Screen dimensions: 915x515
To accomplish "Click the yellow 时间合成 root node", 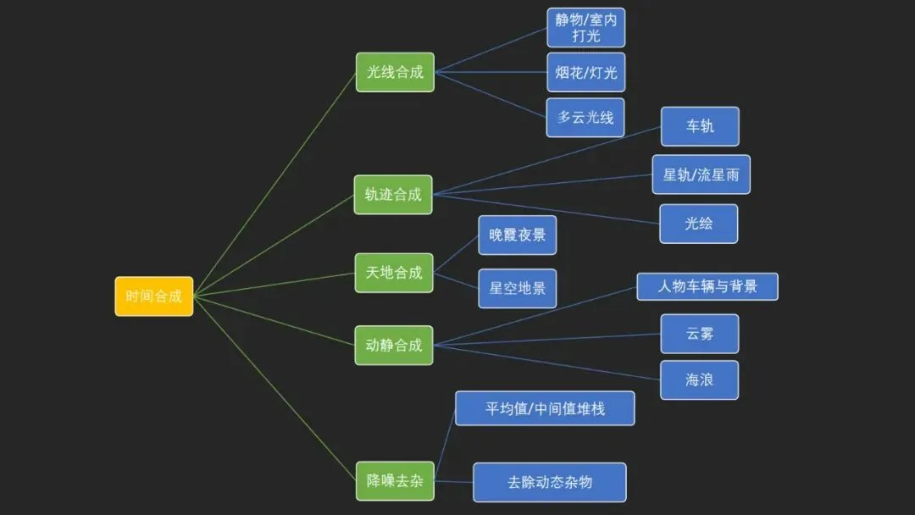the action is tap(154, 296).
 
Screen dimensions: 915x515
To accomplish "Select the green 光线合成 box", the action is tap(395, 72).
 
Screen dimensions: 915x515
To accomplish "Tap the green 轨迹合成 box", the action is tap(393, 195).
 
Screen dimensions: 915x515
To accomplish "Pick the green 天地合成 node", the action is tap(394, 273).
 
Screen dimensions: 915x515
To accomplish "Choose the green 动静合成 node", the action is tap(394, 346).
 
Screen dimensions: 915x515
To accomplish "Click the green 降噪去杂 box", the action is tap(395, 481).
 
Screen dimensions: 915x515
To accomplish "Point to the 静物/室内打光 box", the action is tap(586, 27).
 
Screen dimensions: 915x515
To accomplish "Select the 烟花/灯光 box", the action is tap(586, 72).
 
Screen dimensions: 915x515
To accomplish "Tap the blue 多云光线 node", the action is tap(585, 118).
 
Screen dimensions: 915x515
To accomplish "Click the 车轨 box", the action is tap(701, 126).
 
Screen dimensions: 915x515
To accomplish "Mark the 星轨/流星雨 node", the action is tap(701, 174).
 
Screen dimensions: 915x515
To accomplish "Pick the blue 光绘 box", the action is tap(698, 224).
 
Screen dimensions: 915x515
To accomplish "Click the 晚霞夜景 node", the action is tap(518, 235).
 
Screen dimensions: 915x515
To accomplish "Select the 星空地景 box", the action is tap(518, 288).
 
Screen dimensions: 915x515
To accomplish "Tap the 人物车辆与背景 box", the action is tap(707, 287).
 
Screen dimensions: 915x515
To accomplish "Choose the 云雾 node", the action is tap(700, 335).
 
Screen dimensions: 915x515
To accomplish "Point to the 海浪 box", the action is tap(699, 380).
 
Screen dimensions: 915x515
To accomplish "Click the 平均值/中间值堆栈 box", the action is tap(545, 408).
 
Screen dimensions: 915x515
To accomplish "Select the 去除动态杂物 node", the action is tap(550, 482).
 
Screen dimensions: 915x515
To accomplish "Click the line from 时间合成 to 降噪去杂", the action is tap(274, 389).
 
